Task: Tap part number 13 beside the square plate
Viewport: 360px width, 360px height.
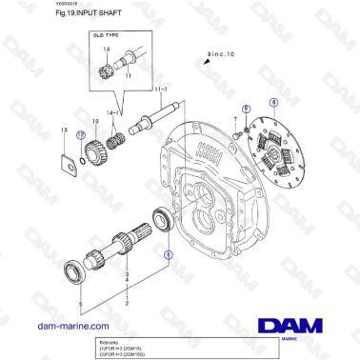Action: [x=63, y=130]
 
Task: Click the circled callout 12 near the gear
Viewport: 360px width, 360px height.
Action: [x=80, y=137]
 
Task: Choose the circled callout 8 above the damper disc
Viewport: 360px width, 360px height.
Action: [x=274, y=101]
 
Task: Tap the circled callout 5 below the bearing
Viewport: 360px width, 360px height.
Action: [x=169, y=254]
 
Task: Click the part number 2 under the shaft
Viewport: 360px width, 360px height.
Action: [x=127, y=301]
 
